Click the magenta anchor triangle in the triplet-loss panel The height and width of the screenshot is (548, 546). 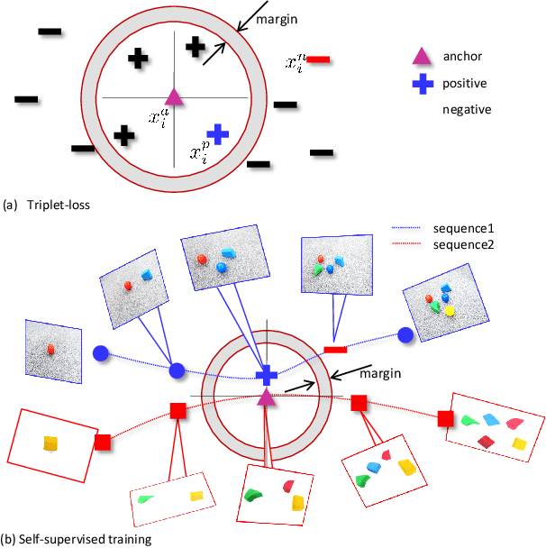(x=175, y=97)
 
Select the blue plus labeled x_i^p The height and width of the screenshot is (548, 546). (x=218, y=133)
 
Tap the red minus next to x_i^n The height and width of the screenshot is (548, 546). (x=319, y=61)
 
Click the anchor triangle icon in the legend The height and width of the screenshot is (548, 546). (x=419, y=57)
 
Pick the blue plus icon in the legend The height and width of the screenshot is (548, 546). (x=419, y=84)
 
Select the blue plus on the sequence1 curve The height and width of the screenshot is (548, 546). (x=267, y=375)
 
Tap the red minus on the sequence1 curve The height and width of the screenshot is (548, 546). (x=335, y=349)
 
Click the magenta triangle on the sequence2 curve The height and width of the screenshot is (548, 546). (x=267, y=396)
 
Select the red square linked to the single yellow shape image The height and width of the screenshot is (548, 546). (x=103, y=443)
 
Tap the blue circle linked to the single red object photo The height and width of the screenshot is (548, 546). (x=101, y=354)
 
